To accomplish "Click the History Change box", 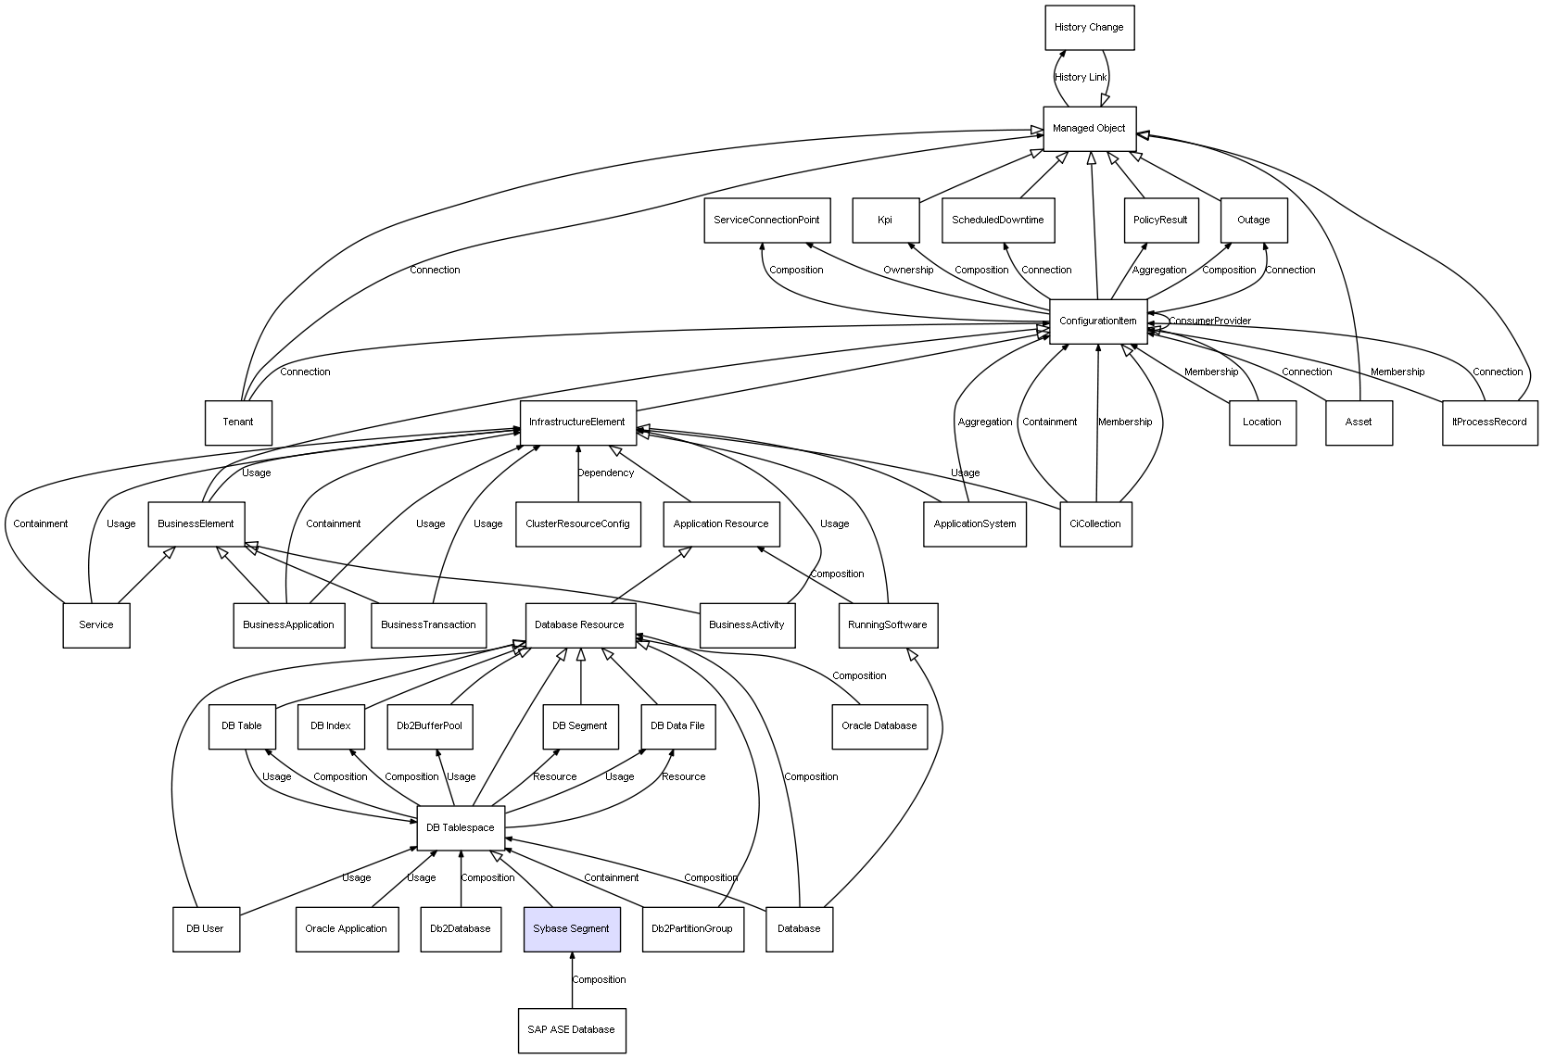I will click(x=1089, y=28).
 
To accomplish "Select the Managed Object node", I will click(x=1089, y=129).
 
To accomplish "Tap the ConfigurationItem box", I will click(x=1098, y=321).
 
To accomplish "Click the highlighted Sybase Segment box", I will click(x=571, y=928).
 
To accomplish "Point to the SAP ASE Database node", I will click(x=571, y=1030).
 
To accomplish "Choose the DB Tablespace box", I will click(x=461, y=827).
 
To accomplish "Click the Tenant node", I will click(x=238, y=422).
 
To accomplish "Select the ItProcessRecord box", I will click(x=1489, y=422).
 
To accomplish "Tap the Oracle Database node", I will click(x=879, y=725).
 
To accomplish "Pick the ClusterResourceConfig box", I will click(x=577, y=524).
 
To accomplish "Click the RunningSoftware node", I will click(x=887, y=624).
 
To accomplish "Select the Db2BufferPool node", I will click(x=429, y=725).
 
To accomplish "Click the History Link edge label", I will click(x=1081, y=78).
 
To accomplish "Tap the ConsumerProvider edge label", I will click(x=1209, y=321).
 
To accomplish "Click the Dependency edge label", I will click(x=606, y=473).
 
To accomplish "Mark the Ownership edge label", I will click(x=908, y=271).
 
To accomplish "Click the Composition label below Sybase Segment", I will click(x=599, y=980).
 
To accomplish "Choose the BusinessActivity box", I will click(x=746, y=624).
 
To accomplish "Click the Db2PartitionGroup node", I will click(x=692, y=928).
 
